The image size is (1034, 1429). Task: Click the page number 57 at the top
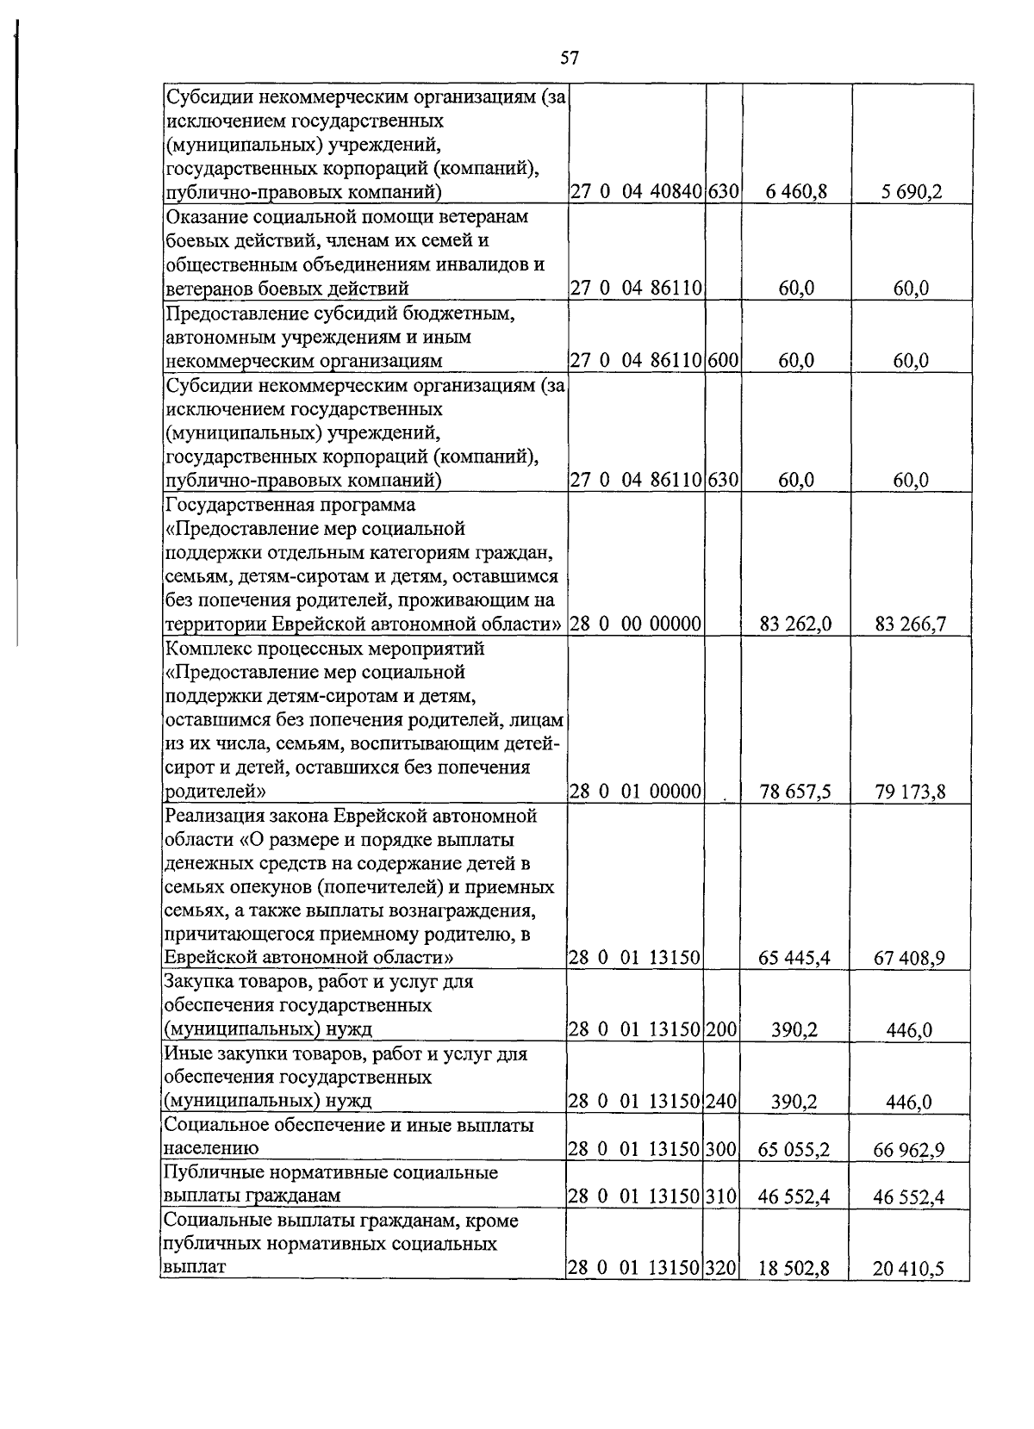(x=569, y=59)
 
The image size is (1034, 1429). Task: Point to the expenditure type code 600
(x=724, y=361)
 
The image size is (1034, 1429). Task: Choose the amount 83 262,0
(x=795, y=624)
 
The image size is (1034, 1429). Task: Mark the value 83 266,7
(x=911, y=624)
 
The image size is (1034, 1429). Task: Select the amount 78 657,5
(x=795, y=792)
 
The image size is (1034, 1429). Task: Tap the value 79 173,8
(x=911, y=792)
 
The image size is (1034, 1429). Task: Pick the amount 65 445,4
(x=794, y=959)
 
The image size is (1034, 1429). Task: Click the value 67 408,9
(x=910, y=959)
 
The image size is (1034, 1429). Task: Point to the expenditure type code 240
(x=724, y=1102)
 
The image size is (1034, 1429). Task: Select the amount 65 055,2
(x=794, y=1150)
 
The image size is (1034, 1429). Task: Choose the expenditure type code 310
(x=724, y=1197)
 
